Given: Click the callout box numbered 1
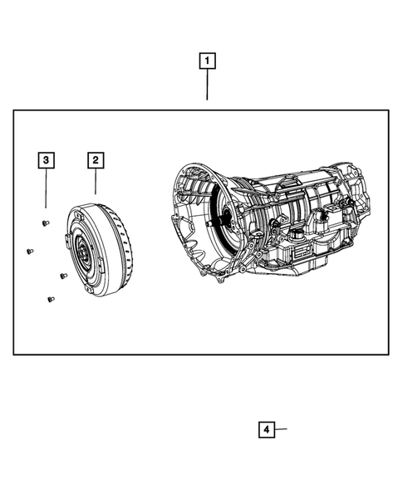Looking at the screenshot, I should [x=207, y=61].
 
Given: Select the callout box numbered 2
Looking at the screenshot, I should [x=96, y=159].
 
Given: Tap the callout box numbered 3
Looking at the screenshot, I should [x=46, y=159].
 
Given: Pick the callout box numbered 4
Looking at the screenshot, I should [x=265, y=429].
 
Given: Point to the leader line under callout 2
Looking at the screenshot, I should [x=96, y=183].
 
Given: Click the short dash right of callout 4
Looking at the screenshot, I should [x=281, y=429].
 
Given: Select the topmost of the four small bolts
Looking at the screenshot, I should [x=43, y=222].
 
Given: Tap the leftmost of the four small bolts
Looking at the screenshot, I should [x=29, y=251].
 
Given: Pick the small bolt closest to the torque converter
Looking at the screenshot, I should [x=62, y=276].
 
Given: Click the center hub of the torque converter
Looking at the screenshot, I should [x=84, y=254].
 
